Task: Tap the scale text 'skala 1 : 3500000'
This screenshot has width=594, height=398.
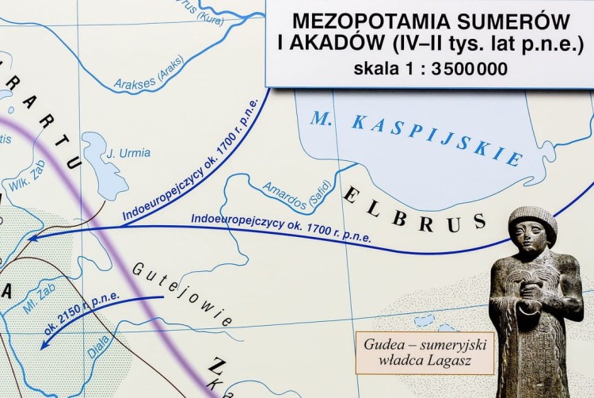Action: coord(431,69)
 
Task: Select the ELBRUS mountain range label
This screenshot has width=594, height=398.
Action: coord(412,209)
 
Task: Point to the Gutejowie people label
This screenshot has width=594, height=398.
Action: coord(181,294)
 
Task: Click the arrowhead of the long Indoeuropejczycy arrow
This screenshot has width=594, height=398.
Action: coord(30,235)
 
